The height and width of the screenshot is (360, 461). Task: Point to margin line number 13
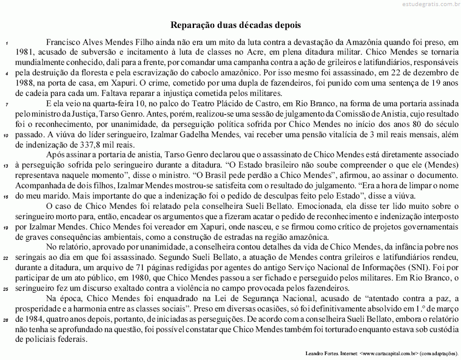pos(5,167)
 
